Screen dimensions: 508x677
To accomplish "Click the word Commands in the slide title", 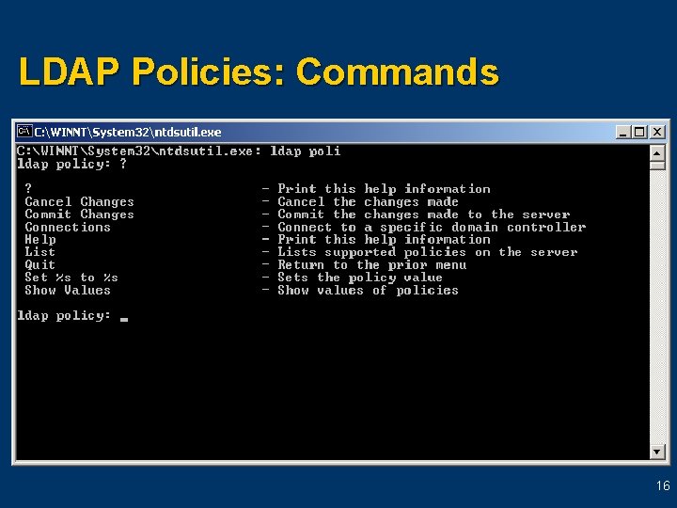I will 397,71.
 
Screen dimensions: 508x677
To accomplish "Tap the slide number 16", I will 663,486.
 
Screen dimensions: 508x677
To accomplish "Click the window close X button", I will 657,133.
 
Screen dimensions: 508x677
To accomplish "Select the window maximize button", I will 640,133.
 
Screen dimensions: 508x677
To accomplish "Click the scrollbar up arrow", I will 657,151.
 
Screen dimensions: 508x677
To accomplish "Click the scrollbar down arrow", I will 657,452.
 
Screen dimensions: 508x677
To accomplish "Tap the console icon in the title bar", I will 25,132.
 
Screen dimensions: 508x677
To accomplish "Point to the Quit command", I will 40,265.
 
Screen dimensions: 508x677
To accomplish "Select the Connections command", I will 68,227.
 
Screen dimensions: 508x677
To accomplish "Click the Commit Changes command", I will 80,214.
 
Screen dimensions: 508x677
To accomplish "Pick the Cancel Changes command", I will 80,201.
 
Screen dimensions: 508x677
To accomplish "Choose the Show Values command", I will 68,291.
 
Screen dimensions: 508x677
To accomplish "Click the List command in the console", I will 40,252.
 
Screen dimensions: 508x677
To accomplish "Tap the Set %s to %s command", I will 71,278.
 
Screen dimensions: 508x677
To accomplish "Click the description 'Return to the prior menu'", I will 372,265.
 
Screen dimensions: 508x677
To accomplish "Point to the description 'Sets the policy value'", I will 360,278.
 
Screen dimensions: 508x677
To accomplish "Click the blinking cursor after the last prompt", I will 124,318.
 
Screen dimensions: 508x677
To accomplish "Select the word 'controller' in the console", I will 546,227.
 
